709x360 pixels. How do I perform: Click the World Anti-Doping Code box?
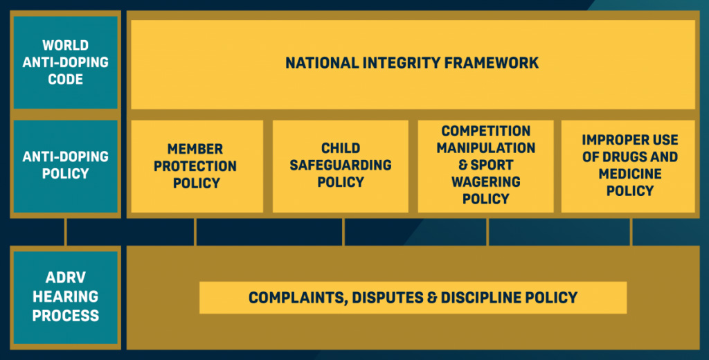point(66,62)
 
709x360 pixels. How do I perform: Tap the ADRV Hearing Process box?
point(66,296)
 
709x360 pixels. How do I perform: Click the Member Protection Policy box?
point(195,166)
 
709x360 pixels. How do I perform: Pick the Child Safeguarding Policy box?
point(341,166)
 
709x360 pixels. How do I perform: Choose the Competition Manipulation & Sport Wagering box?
point(486,166)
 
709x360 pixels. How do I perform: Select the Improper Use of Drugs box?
point(630,166)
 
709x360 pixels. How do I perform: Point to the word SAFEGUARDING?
point(341,165)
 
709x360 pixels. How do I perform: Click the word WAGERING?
point(486,182)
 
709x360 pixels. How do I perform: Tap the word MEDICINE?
point(630,174)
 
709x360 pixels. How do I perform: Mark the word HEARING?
point(66,296)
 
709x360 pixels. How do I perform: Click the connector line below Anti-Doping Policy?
point(66,232)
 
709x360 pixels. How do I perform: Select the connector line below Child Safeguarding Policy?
point(344,232)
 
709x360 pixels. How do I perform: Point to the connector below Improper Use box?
point(631,232)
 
